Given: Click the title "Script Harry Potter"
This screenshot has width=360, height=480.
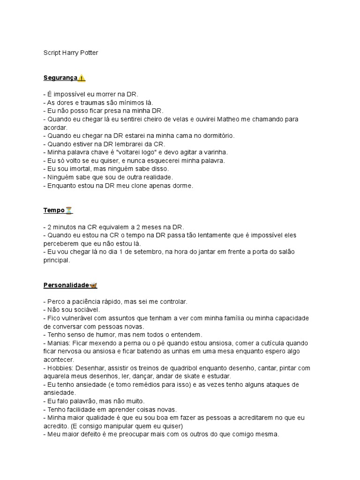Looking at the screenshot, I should [x=71, y=53].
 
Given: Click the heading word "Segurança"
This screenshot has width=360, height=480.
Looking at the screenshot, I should [x=60, y=77].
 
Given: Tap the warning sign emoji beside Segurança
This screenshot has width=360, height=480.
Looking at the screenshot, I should [x=82, y=77].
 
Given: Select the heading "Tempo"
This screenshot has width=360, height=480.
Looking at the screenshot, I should [x=54, y=210].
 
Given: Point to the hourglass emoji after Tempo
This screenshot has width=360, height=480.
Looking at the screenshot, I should [x=69, y=210].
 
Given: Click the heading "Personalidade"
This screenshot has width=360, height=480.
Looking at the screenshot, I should [x=66, y=285].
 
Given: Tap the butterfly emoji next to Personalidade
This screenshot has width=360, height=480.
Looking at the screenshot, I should [x=93, y=285].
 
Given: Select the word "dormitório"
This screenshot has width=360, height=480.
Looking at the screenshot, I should [x=217, y=135].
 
